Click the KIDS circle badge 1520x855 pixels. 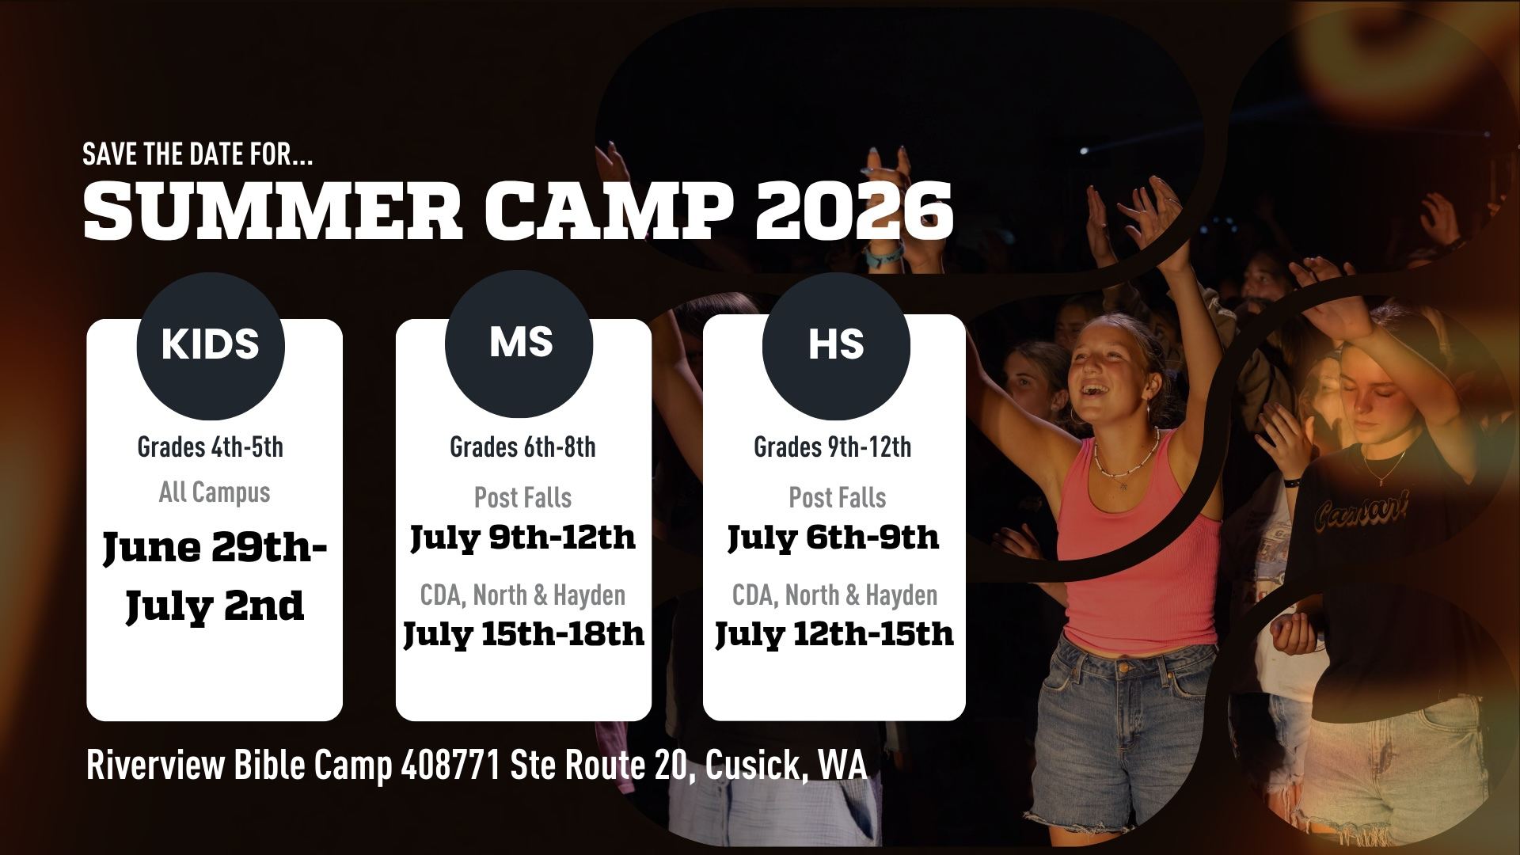click(211, 346)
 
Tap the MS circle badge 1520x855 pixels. click(519, 344)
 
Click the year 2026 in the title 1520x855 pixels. click(854, 210)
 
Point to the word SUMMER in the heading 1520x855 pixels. click(272, 210)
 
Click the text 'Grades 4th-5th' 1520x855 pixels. click(211, 447)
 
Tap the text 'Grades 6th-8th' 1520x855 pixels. click(522, 447)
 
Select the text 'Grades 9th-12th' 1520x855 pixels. click(833, 447)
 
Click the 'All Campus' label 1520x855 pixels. click(215, 492)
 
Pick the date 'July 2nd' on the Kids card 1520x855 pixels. click(215, 606)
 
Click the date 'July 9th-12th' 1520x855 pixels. click(522, 538)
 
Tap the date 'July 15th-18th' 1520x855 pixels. click(523, 635)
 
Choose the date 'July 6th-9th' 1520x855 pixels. click(833, 538)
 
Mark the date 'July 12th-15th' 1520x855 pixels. click(834, 635)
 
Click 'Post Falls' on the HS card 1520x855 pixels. click(838, 498)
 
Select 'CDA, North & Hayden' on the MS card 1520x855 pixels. click(522, 595)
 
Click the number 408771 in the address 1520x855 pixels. click(450, 765)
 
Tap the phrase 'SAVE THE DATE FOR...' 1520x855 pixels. click(198, 154)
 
